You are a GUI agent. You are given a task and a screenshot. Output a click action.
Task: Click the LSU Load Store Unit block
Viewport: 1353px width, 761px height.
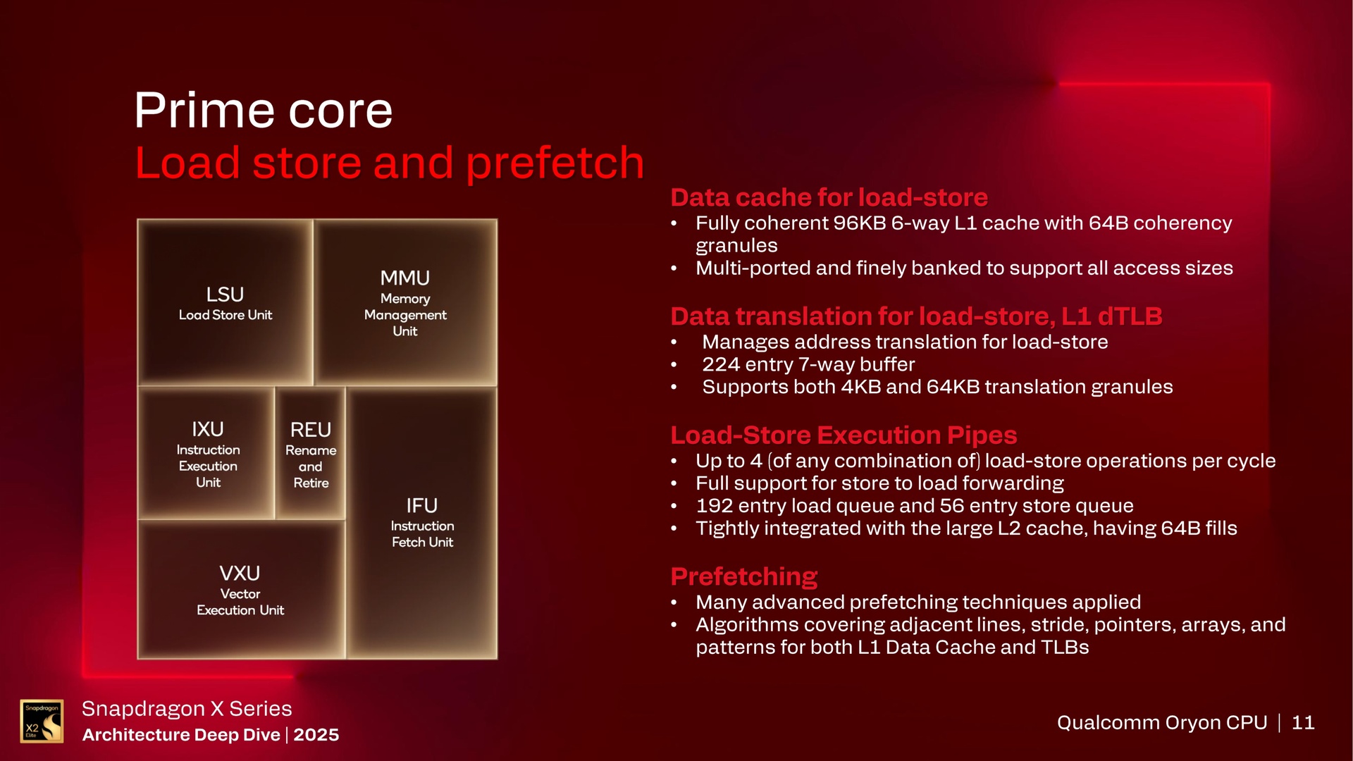tap(225, 303)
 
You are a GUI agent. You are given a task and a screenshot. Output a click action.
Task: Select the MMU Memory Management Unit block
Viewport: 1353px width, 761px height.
tap(405, 303)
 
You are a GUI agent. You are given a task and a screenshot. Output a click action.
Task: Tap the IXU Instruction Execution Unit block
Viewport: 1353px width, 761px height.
tap(207, 454)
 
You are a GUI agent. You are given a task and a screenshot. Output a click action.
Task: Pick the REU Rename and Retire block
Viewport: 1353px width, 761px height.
tap(310, 454)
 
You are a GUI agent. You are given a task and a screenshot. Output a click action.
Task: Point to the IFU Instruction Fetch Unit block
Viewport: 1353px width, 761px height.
tap(421, 522)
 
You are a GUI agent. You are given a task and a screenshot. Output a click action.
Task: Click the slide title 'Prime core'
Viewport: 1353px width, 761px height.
tap(263, 111)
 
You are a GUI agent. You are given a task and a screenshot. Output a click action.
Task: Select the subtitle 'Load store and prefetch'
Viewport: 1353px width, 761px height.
tap(389, 163)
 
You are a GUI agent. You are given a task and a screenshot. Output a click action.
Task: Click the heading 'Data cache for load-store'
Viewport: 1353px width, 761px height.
tap(829, 197)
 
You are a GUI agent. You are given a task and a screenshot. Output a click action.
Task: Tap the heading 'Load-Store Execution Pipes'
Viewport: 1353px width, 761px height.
tap(844, 435)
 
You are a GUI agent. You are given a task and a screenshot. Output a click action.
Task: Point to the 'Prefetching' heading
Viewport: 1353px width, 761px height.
tap(743, 576)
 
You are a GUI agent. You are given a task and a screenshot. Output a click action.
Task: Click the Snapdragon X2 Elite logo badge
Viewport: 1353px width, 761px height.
tap(42, 721)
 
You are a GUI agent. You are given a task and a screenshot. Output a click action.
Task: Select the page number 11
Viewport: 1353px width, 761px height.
tap(1303, 723)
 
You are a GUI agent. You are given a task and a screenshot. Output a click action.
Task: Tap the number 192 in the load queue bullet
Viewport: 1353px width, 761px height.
tap(713, 506)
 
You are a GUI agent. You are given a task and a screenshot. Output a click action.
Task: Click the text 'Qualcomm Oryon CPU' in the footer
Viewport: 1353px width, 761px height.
tap(1161, 723)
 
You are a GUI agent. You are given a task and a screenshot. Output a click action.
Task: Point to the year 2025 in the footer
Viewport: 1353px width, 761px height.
tap(316, 735)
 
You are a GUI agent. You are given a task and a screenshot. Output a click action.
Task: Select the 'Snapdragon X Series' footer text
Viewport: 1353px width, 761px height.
tap(187, 709)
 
